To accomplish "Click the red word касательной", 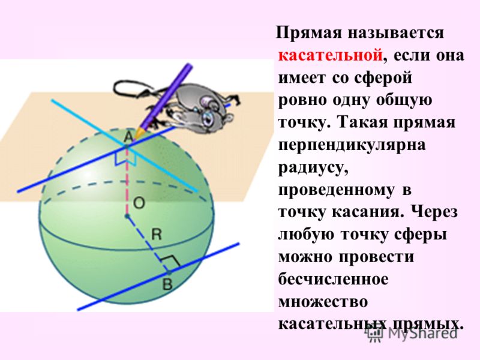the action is [x=331, y=56].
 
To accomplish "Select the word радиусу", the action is [x=313, y=169].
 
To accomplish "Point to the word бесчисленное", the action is [x=334, y=280].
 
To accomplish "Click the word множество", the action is [x=323, y=302].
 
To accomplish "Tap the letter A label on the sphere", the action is [x=129, y=137].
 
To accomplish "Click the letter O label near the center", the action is [x=139, y=203].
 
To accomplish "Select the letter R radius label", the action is [x=157, y=235].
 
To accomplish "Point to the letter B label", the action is [x=167, y=284].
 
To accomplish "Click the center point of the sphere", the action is [x=127, y=217].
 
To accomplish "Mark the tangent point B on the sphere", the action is [x=168, y=272].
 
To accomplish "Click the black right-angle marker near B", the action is [x=170, y=260].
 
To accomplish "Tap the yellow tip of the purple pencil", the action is [x=139, y=134].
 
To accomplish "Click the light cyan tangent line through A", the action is [x=124, y=146].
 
